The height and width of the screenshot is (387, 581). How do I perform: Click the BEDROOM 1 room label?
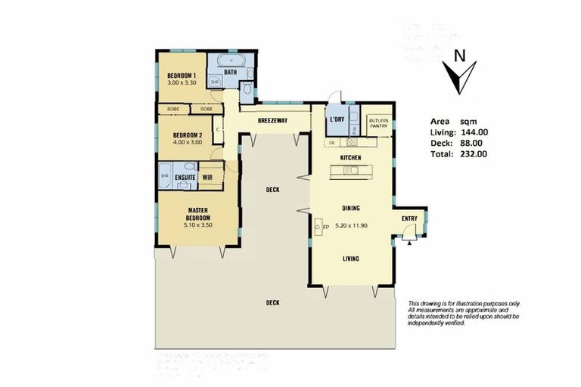[182, 76]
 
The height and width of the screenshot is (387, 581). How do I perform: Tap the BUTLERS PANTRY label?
[378, 122]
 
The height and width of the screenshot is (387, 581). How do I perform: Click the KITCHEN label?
[350, 157]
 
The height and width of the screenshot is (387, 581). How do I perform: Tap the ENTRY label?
[409, 218]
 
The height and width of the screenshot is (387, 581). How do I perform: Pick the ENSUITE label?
[185, 177]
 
